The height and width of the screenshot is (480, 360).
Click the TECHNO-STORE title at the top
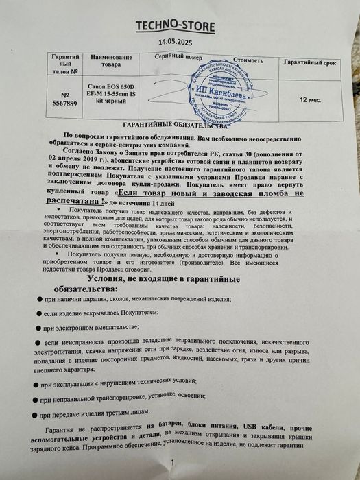pyautogui.click(x=179, y=27)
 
